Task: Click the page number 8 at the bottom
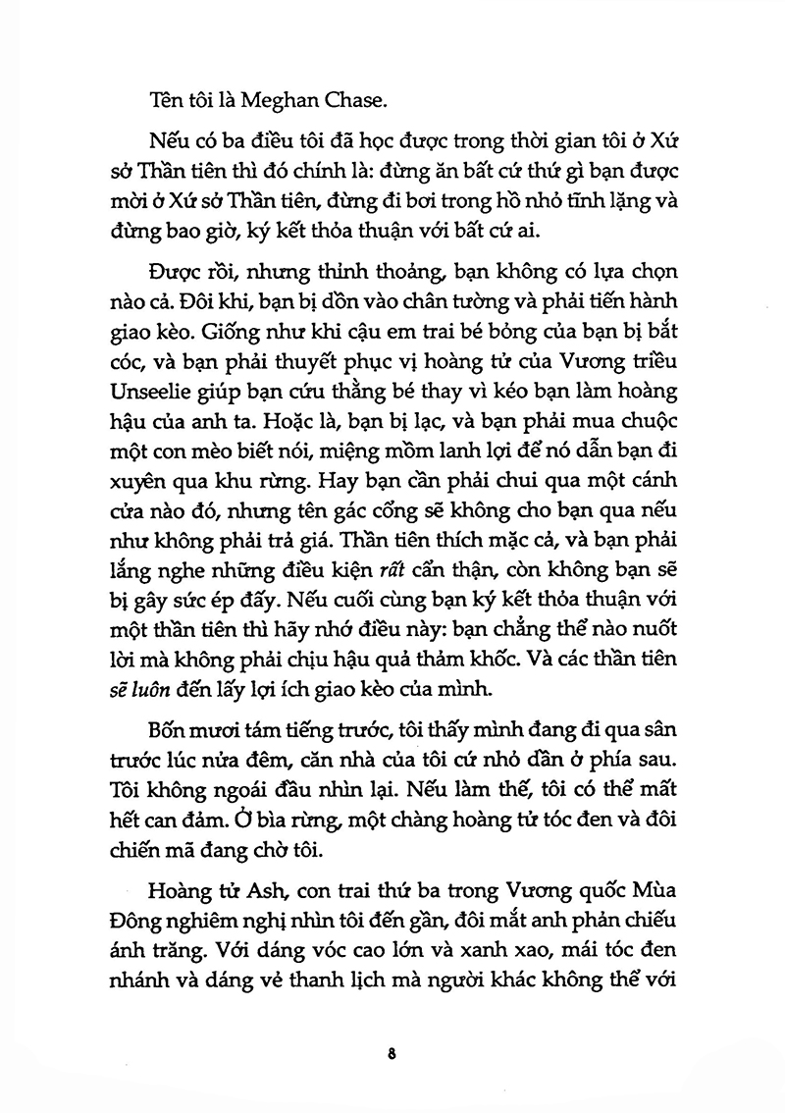(x=392, y=1054)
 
